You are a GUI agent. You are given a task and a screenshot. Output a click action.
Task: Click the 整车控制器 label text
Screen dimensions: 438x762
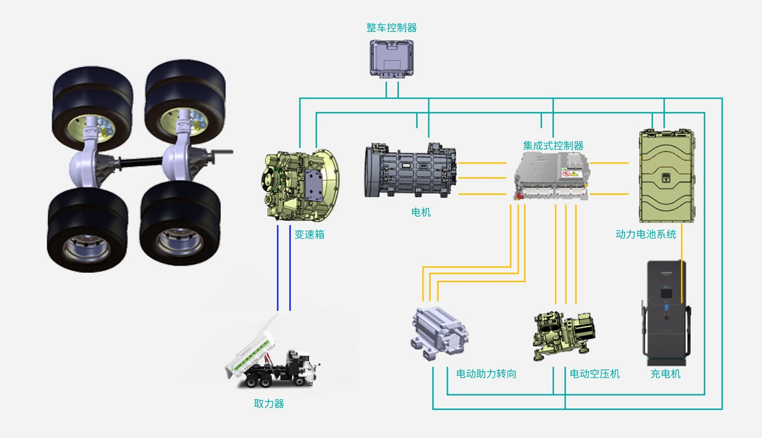click(391, 28)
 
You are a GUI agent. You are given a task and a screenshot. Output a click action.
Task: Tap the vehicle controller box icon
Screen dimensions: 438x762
click(392, 57)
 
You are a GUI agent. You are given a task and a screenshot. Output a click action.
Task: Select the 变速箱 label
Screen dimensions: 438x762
click(309, 235)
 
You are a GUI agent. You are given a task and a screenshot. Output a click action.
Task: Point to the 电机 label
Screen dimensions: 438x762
click(421, 212)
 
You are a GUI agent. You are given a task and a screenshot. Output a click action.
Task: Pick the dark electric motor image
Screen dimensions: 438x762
click(409, 170)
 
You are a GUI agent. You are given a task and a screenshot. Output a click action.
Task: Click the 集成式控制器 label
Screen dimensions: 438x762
click(553, 145)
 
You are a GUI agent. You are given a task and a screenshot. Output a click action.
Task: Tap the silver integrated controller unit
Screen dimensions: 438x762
click(552, 175)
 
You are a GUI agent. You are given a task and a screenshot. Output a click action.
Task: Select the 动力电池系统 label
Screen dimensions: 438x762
click(646, 234)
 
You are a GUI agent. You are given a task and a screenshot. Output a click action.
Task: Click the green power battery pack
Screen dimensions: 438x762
click(667, 175)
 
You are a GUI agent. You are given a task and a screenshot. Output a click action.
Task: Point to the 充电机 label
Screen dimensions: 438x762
click(665, 374)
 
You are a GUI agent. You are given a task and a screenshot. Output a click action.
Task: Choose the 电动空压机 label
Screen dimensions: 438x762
click(594, 374)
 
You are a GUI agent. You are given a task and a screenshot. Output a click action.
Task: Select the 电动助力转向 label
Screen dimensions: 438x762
click(486, 374)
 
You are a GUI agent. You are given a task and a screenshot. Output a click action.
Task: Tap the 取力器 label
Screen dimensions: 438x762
click(269, 404)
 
